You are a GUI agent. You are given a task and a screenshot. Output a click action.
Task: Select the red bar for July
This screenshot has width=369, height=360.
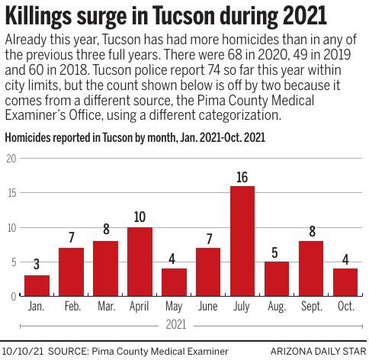242,241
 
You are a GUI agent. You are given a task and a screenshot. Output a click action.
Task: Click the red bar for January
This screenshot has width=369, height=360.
37,286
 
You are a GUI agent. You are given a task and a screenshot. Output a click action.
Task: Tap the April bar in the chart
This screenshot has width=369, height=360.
140,262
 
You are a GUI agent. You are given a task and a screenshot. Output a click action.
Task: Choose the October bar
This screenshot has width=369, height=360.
345,282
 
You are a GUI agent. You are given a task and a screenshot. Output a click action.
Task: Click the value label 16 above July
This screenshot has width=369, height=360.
242,178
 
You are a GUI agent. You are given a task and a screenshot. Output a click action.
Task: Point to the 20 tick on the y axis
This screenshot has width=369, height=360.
11,159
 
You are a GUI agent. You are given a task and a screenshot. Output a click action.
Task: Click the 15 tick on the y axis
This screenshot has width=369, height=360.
11,193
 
